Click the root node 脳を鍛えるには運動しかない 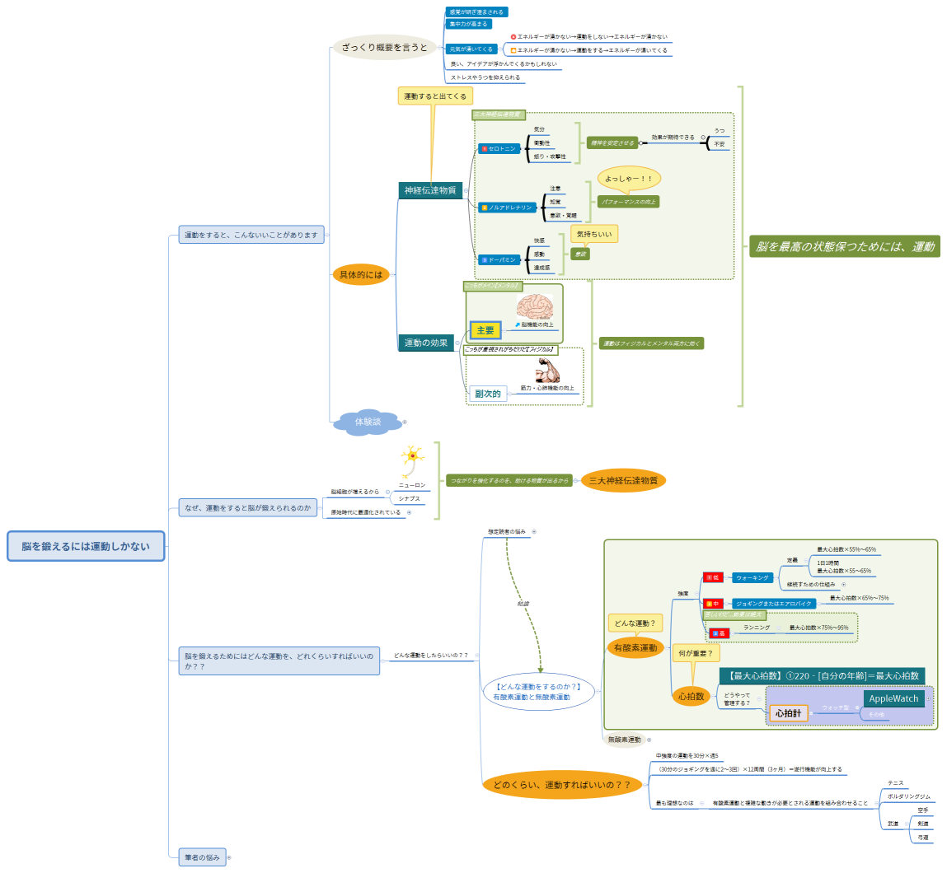[x=86, y=546]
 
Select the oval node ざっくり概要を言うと [x=384, y=48]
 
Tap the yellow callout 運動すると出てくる [x=435, y=96]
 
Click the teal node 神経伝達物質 [x=429, y=190]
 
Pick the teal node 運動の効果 [x=425, y=343]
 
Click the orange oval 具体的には [x=361, y=274]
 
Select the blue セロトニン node [x=499, y=149]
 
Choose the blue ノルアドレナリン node [x=507, y=208]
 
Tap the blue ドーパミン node [x=499, y=259]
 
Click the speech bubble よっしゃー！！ [x=629, y=179]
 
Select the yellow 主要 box [x=485, y=330]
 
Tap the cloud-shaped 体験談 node [x=368, y=422]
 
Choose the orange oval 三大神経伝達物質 [x=623, y=480]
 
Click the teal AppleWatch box [x=893, y=698]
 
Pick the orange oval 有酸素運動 [x=635, y=648]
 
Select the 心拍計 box [x=788, y=713]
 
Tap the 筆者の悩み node [x=202, y=857]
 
